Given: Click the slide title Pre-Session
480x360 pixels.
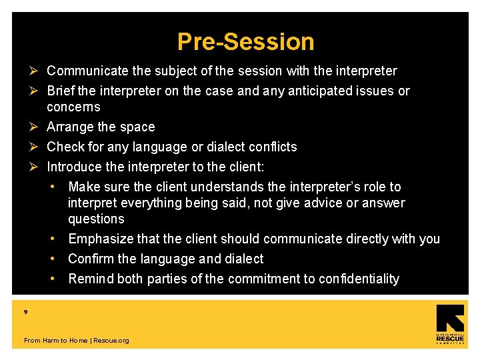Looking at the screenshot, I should pos(245,41).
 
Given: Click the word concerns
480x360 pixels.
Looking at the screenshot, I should pos(73,107).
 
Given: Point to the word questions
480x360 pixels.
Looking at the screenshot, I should pos(96,219).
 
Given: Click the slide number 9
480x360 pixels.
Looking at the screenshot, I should pos(25,311).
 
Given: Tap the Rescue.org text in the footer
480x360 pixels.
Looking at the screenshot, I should pos(111,341).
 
